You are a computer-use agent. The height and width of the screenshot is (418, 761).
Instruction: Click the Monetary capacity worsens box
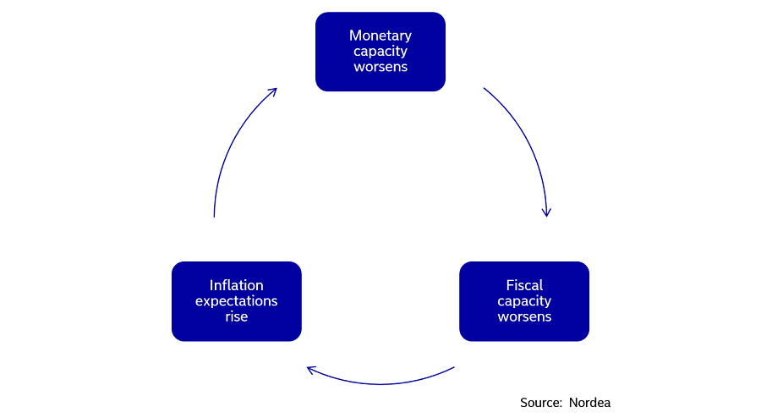coord(380,52)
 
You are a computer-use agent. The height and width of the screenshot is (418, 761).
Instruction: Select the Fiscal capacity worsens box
coord(524,301)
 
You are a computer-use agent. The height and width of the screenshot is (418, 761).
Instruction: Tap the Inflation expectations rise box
coord(237,301)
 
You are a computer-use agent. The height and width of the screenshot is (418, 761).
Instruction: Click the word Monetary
coord(380,36)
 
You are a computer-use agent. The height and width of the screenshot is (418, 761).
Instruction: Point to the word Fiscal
coord(524,285)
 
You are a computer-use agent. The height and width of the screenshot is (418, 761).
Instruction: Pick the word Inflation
coord(237,285)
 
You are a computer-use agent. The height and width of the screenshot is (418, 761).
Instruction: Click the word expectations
coord(237,301)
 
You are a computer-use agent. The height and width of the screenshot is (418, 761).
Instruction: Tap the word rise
coord(237,317)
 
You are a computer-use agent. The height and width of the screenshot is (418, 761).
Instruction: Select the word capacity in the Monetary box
coord(380,52)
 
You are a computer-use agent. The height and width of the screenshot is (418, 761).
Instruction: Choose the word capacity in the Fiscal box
coord(524,301)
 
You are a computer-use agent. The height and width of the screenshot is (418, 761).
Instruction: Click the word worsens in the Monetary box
coord(380,67)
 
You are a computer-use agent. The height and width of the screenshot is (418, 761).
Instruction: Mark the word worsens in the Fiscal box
coord(524,317)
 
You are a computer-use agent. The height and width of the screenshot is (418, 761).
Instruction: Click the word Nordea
coord(589,403)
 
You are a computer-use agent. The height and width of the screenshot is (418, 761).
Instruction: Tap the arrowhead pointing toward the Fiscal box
coord(547,212)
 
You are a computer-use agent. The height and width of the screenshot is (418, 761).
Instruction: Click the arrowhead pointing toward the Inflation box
coord(310,369)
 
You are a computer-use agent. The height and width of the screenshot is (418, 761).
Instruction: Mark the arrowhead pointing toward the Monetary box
coord(273,91)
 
